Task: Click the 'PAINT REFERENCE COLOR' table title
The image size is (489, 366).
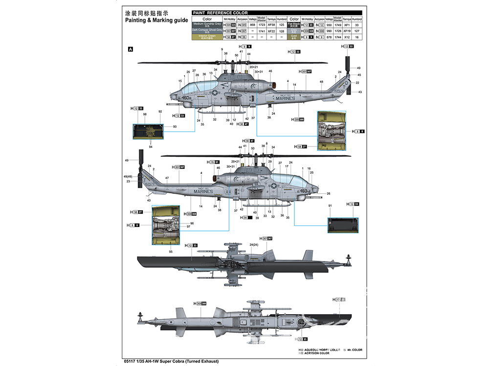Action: pyautogui.click(x=221, y=13)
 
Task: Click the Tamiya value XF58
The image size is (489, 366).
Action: pyautogui.click(x=271, y=24)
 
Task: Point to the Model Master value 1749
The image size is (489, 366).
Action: pyautogui.click(x=338, y=24)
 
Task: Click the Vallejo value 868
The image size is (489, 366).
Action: pyautogui.click(x=253, y=24)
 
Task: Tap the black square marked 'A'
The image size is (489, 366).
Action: pyautogui.click(x=130, y=49)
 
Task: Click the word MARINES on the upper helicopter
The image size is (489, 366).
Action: pyautogui.click(x=285, y=98)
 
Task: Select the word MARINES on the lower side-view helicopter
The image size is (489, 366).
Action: pyautogui.click(x=203, y=192)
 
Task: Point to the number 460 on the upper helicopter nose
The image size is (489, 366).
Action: pyautogui.click(x=185, y=97)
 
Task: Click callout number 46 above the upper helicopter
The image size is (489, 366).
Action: pyautogui.click(x=270, y=71)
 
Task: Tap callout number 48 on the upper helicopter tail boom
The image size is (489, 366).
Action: pyautogui.click(x=321, y=81)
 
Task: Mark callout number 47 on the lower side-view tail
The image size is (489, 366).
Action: pyautogui.click(x=167, y=178)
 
